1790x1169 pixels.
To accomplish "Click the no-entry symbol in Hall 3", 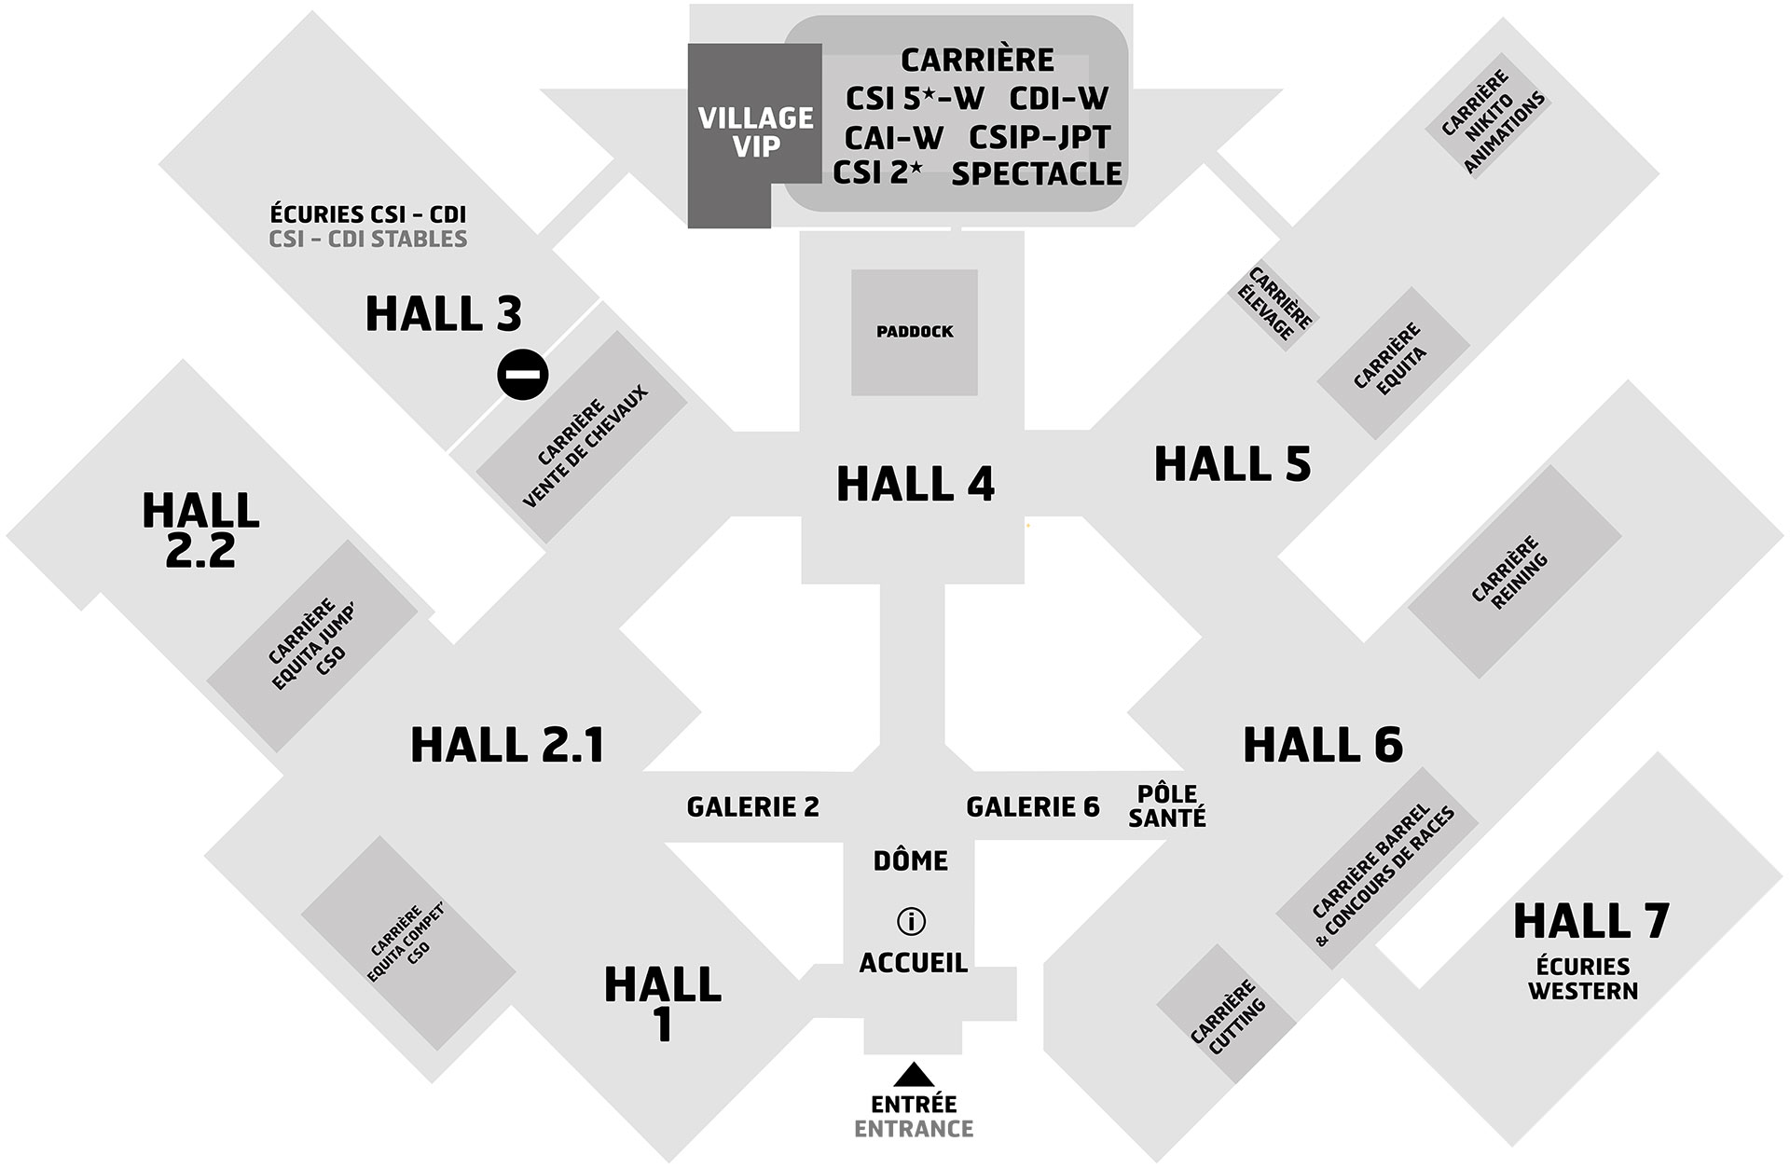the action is click(522, 374).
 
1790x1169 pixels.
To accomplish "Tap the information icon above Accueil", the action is click(910, 921).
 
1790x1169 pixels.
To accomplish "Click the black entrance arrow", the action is click(914, 1075).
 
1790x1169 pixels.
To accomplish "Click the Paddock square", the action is click(915, 332).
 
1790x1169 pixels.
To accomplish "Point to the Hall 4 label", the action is click(915, 484).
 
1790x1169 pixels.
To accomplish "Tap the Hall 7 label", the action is click(1590, 921).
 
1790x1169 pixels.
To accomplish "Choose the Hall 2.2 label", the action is click(200, 529).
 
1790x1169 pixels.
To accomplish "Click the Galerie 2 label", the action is click(752, 806).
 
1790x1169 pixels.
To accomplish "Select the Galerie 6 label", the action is click(1032, 806).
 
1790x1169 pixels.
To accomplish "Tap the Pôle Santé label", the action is click(1167, 805).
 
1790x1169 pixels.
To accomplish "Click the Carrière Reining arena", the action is click(1515, 571).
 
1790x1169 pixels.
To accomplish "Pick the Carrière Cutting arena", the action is click(1227, 1013).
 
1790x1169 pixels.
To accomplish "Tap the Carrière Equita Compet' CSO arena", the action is click(408, 943).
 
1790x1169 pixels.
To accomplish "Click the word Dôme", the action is click(910, 860).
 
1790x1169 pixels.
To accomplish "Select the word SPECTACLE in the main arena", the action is click(1037, 174).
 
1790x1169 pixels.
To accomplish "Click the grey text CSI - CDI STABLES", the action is click(368, 240).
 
